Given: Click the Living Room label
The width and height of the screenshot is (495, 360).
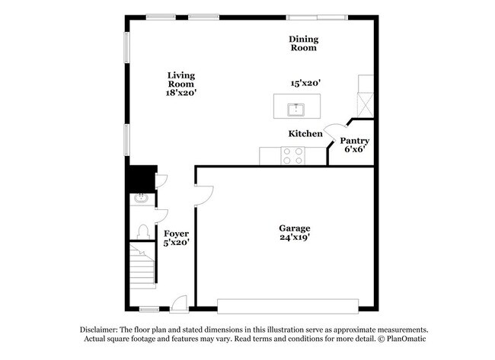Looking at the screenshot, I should [181, 79].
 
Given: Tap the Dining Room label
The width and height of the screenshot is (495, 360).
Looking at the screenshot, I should [302, 43].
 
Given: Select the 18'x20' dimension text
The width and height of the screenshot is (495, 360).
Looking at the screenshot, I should [181, 92].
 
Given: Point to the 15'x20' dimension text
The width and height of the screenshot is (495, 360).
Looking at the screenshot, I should [305, 84].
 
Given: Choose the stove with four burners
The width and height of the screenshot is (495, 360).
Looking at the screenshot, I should [293, 156].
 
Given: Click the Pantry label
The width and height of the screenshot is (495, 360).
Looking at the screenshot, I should [354, 140].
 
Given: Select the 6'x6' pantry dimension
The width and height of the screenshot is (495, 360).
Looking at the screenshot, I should [354, 149].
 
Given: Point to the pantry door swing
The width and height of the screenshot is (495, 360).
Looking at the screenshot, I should [334, 131].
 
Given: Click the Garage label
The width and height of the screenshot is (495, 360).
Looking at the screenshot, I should [294, 228].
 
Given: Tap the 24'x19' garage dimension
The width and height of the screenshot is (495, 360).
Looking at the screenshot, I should [294, 237].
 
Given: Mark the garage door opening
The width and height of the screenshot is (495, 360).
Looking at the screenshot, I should [286, 306].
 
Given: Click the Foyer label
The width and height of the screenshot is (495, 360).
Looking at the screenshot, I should [176, 233].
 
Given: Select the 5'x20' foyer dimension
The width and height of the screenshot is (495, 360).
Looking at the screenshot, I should [176, 242].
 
